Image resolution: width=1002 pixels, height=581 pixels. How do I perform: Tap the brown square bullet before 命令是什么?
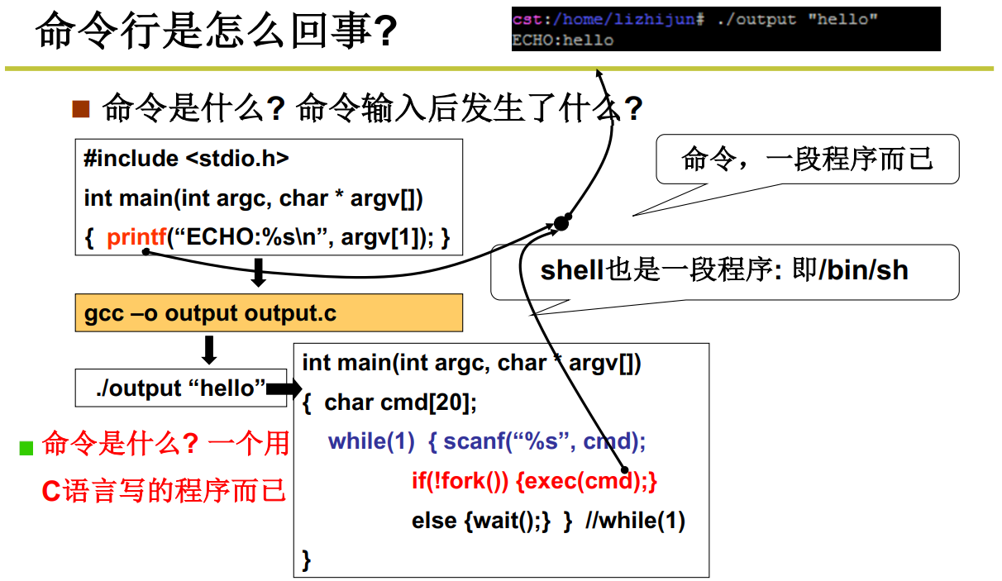pyautogui.click(x=80, y=108)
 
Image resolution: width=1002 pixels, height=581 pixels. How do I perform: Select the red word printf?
pyautogui.click(x=136, y=238)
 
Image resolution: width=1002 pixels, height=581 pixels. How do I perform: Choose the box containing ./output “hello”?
pyautogui.click(x=181, y=388)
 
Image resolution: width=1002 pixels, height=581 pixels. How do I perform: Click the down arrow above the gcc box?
pyautogui.click(x=258, y=272)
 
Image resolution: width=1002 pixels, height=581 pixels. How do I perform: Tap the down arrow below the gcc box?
pyautogui.click(x=210, y=349)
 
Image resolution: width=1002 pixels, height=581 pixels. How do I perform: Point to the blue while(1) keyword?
pyautogui.click(x=371, y=441)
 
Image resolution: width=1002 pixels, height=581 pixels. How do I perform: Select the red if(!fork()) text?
pyautogui.click(x=460, y=481)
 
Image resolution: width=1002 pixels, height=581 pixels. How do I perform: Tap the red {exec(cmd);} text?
pyautogui.click(x=586, y=481)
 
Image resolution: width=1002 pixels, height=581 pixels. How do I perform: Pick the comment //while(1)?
pyautogui.click(x=635, y=521)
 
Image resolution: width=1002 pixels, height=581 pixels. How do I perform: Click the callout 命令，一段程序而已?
pyautogui.click(x=807, y=159)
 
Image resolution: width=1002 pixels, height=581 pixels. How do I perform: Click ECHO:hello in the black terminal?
pyautogui.click(x=563, y=40)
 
